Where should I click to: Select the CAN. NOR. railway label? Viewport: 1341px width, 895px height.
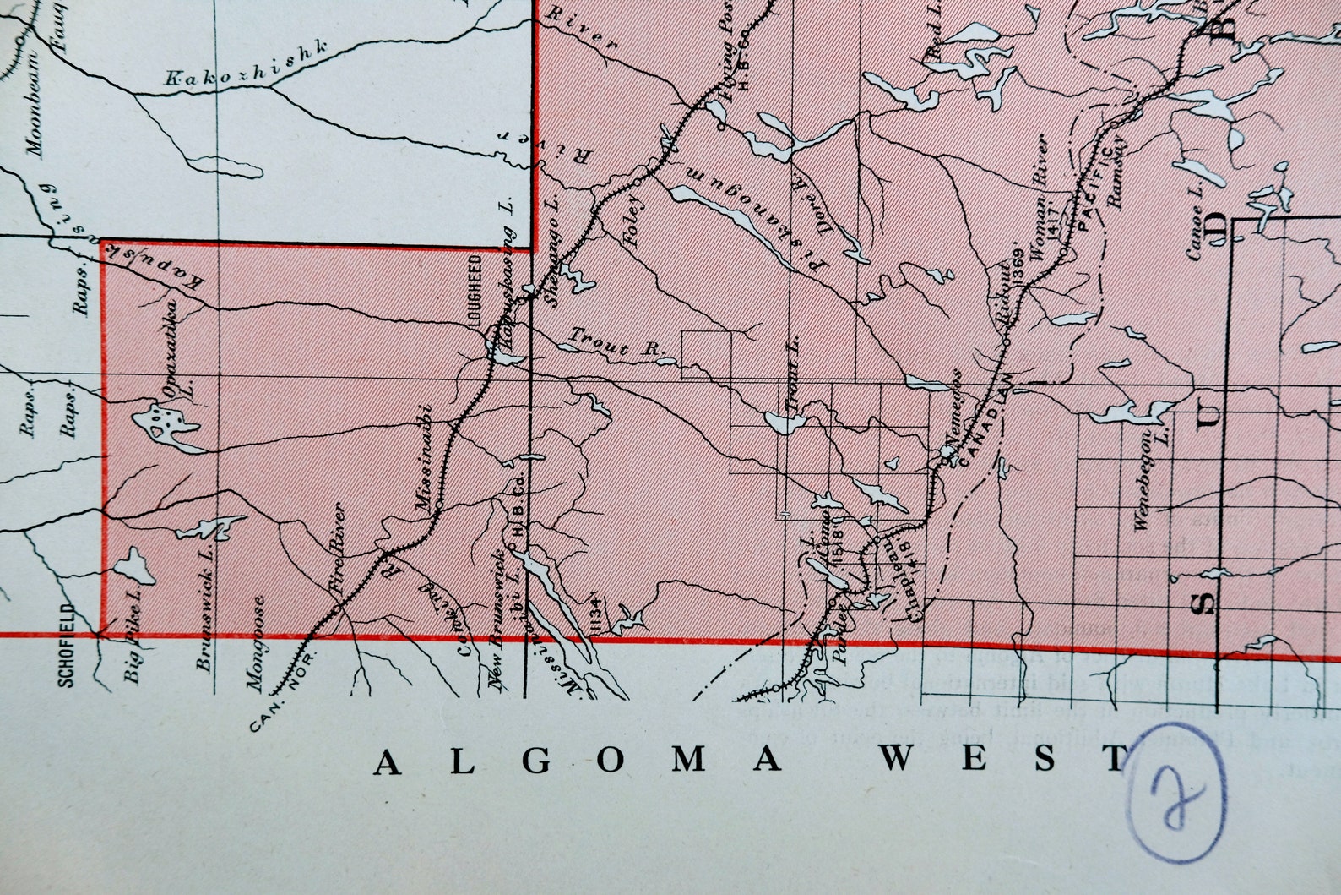point(282,692)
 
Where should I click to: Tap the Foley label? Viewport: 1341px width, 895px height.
point(634,221)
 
